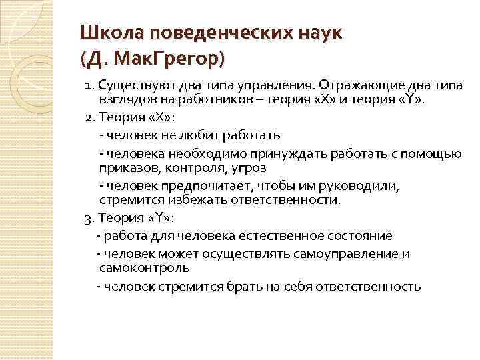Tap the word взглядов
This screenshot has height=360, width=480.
click(125, 101)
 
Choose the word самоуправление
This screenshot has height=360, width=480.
click(351, 254)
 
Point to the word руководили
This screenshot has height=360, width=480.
click(369, 186)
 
